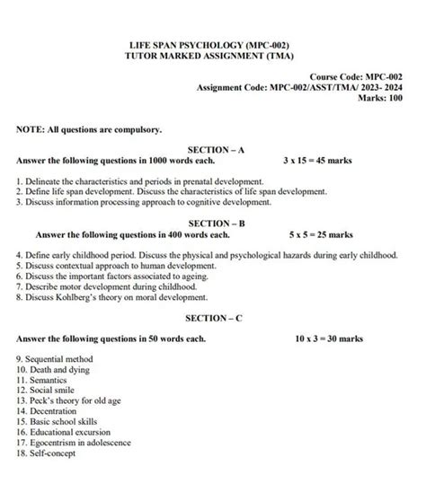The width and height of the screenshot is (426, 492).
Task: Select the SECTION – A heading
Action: pyautogui.click(x=216, y=148)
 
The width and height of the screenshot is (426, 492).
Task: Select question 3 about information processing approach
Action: pyautogui.click(x=144, y=202)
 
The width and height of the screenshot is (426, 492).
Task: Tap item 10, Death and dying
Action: pyautogui.click(x=57, y=370)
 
